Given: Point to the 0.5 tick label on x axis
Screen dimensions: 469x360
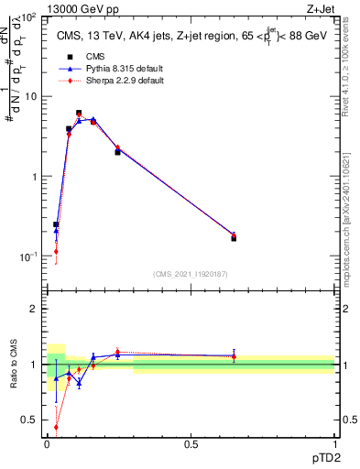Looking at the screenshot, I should tap(191, 442).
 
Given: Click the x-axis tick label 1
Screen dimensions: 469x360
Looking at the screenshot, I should tap(334, 442).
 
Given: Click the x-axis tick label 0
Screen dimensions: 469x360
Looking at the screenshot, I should tap(48, 442).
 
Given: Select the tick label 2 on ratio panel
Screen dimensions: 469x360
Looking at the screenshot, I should tap(34, 309).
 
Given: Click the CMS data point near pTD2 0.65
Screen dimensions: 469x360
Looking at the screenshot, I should tap(234, 237).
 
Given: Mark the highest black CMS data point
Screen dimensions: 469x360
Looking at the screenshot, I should tap(79, 113).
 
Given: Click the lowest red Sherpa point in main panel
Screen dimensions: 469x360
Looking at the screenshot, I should tap(56, 251).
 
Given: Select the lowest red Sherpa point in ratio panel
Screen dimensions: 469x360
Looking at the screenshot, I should tap(56, 427).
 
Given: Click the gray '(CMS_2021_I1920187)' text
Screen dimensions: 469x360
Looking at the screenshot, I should tap(191, 274).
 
